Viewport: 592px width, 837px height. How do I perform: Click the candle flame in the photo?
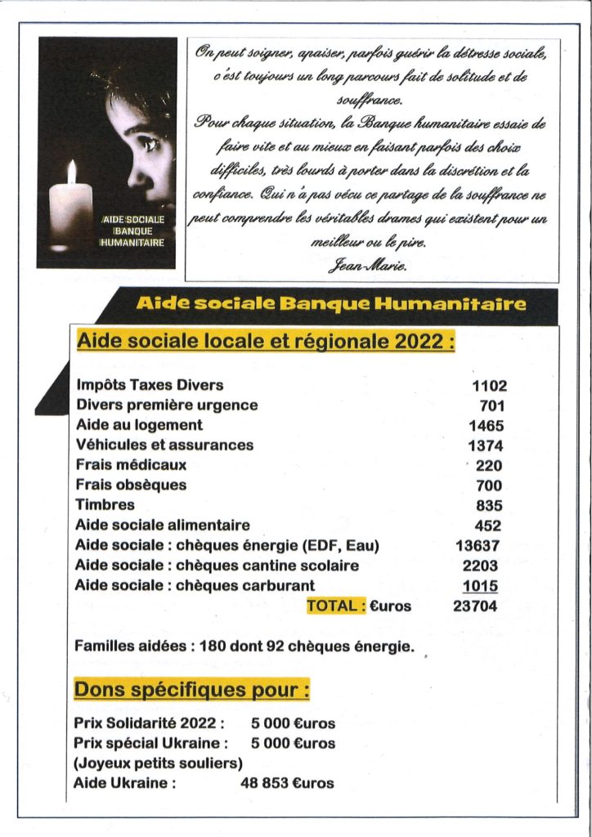coord(71,172)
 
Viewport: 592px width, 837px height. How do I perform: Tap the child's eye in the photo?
coord(150,144)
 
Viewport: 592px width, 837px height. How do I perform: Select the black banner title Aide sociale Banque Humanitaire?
coord(330,304)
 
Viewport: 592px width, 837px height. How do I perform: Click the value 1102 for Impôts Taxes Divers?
coord(489,386)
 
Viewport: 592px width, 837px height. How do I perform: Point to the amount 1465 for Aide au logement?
coord(486,426)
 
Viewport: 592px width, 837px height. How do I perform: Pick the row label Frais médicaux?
coord(131,465)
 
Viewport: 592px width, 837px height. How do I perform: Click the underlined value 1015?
coord(480,586)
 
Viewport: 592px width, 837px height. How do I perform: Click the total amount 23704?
coord(475,606)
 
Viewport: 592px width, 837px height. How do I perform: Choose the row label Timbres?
coord(105,505)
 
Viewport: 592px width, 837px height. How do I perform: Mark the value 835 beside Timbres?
coord(489,506)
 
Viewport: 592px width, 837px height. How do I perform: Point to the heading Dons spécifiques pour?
coord(191,690)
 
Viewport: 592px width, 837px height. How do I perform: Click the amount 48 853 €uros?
coord(287,783)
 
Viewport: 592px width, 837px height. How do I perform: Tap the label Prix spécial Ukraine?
coord(150,744)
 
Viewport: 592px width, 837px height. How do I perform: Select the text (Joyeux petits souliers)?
coord(159,763)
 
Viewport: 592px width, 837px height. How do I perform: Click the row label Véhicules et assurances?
coord(164,445)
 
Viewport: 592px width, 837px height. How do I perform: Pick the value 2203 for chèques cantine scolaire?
coord(482,566)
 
